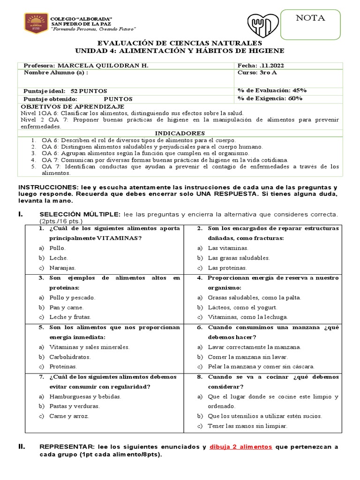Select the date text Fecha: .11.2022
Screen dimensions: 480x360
(262, 65)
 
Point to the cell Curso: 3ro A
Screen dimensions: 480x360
(255, 73)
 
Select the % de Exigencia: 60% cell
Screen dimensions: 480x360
(270, 98)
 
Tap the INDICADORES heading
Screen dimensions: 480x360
(180, 133)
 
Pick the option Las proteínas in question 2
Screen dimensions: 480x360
(227, 268)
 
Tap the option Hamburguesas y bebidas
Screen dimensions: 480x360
(85, 396)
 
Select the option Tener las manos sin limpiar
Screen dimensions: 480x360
(247, 426)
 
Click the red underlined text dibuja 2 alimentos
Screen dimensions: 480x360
(241, 447)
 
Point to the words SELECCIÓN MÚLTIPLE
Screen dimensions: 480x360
(80, 214)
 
